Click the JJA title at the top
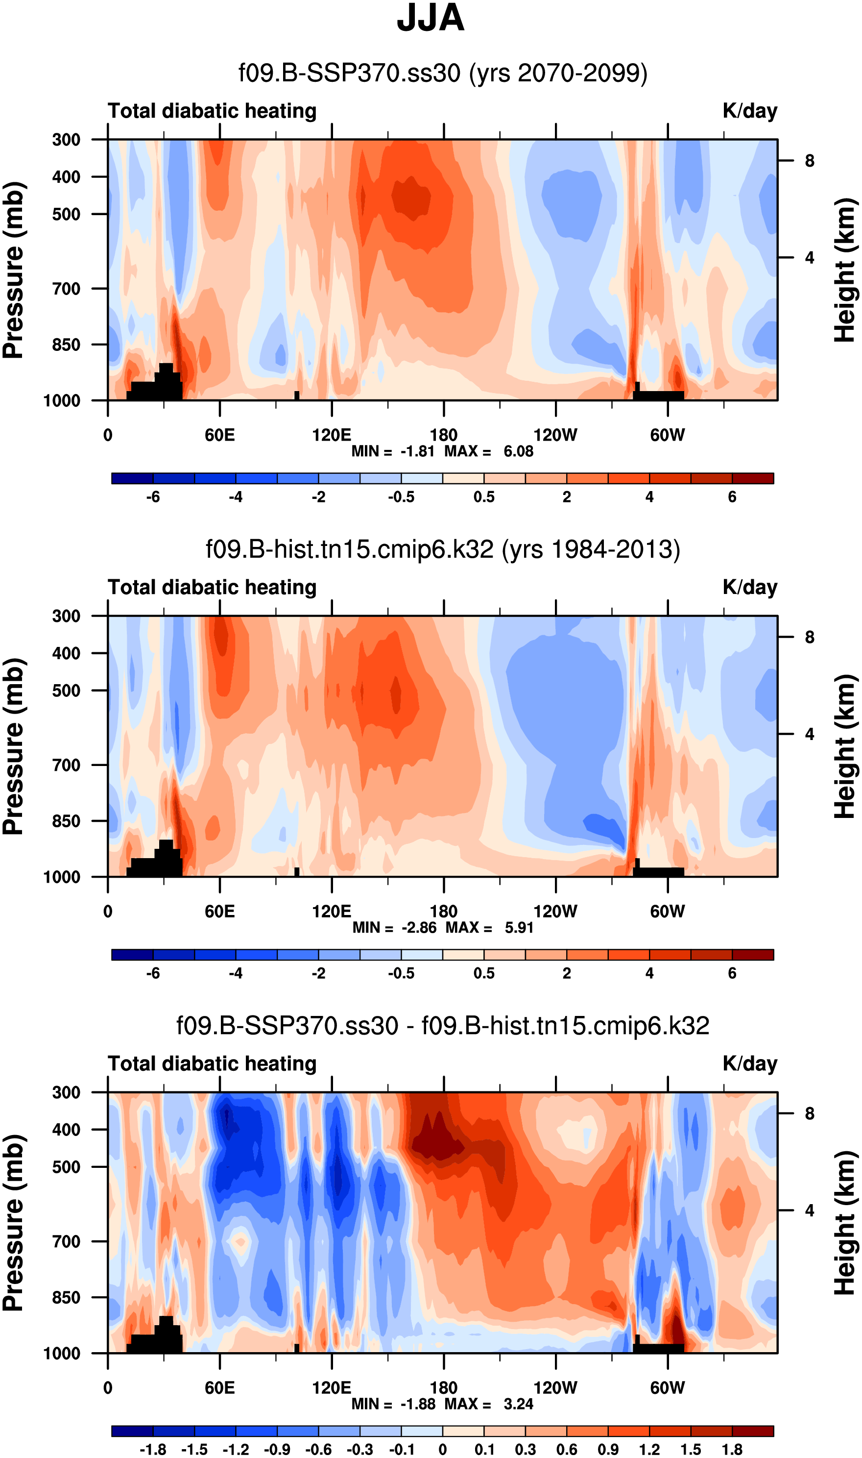[x=431, y=19]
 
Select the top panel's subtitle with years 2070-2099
[x=443, y=73]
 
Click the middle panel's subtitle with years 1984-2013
[x=443, y=549]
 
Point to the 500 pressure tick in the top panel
[x=66, y=215]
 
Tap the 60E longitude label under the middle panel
[x=219, y=911]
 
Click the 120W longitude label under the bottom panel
[x=555, y=1388]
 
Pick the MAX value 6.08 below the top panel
[x=518, y=451]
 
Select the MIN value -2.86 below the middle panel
[x=419, y=927]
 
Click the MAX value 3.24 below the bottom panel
[x=518, y=1404]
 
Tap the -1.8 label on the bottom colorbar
[x=153, y=1449]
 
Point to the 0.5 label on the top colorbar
[x=484, y=497]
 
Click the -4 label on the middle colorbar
[x=235, y=973]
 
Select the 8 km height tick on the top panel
[x=809, y=161]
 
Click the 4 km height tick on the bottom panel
[x=809, y=1211]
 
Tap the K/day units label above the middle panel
[x=749, y=588]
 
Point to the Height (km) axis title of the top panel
[x=846, y=270]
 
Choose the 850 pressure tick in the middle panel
[x=66, y=821]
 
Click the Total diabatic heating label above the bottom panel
[x=212, y=1063]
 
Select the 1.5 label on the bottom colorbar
[x=691, y=1449]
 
